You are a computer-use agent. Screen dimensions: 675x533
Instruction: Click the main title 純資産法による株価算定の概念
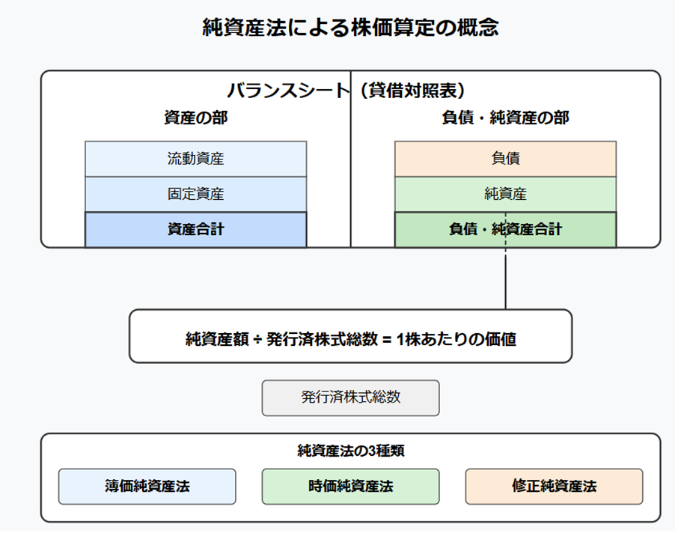(x=350, y=28)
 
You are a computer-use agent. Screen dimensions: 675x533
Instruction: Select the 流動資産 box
(x=196, y=159)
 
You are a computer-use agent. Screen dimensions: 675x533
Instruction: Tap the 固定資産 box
(x=196, y=194)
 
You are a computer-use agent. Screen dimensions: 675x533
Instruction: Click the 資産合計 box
(x=196, y=230)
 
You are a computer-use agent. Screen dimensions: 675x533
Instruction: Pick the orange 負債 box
(x=505, y=159)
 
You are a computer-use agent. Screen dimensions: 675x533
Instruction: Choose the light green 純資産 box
(x=505, y=194)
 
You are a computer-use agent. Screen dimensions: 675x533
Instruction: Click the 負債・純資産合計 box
(x=505, y=230)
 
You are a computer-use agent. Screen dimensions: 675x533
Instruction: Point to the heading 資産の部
(x=196, y=118)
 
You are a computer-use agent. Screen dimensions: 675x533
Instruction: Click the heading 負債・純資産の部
(x=505, y=118)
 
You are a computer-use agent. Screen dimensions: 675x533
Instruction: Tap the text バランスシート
(x=288, y=91)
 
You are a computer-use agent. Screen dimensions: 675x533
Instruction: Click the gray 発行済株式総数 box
(x=350, y=398)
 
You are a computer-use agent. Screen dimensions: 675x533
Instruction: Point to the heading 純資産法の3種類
(x=350, y=451)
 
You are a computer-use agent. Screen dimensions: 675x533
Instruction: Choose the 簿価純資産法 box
(x=147, y=487)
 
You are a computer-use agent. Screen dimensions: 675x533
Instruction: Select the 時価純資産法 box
(x=350, y=487)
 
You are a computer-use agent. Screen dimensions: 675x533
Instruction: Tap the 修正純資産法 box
(x=554, y=487)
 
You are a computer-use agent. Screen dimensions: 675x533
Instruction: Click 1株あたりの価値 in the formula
(x=456, y=339)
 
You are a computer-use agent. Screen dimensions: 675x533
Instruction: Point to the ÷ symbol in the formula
(x=257, y=340)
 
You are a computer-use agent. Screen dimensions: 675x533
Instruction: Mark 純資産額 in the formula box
(x=218, y=339)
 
